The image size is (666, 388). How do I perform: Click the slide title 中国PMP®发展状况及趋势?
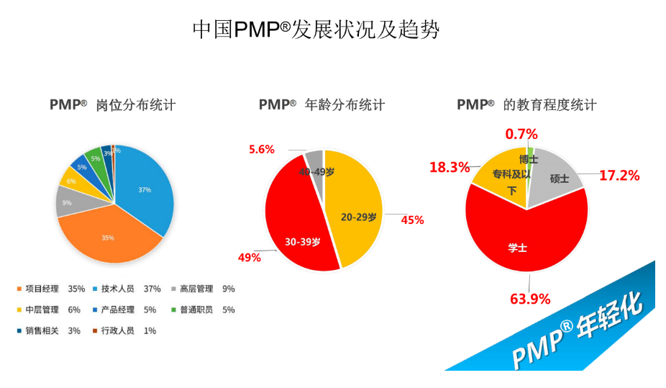point(316,30)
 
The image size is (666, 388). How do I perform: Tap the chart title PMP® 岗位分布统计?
point(113,105)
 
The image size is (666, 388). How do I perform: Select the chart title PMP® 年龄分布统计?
point(321,105)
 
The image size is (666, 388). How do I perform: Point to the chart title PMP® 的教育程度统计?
point(526,105)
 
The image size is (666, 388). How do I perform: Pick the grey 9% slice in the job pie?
point(67,203)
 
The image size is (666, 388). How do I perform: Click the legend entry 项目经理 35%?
point(50,289)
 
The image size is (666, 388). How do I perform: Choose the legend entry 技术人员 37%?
point(126,289)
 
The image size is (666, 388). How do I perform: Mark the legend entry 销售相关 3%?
point(49,331)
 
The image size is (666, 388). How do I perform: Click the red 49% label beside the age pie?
point(250,258)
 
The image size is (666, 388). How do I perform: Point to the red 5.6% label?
point(262,149)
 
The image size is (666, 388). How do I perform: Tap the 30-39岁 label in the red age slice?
point(302,242)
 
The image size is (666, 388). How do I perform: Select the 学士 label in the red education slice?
point(518,248)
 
